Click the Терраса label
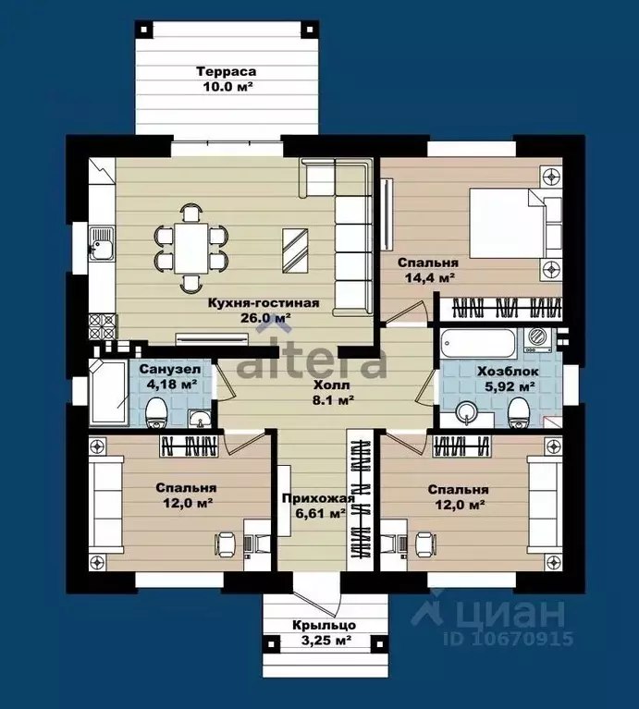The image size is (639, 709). (x=227, y=71)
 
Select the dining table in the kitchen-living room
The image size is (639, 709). (x=191, y=248)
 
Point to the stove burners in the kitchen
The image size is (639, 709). (x=103, y=326)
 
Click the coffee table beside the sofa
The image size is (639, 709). (x=295, y=251)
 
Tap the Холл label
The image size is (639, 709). (x=332, y=385)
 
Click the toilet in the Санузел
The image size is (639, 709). (x=157, y=412)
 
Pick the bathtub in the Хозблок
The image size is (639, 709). (x=477, y=345)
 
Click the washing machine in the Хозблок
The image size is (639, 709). (x=537, y=340)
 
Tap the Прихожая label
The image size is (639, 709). (x=318, y=498)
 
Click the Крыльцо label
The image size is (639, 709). (x=324, y=626)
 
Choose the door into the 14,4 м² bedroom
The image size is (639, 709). (x=405, y=312)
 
